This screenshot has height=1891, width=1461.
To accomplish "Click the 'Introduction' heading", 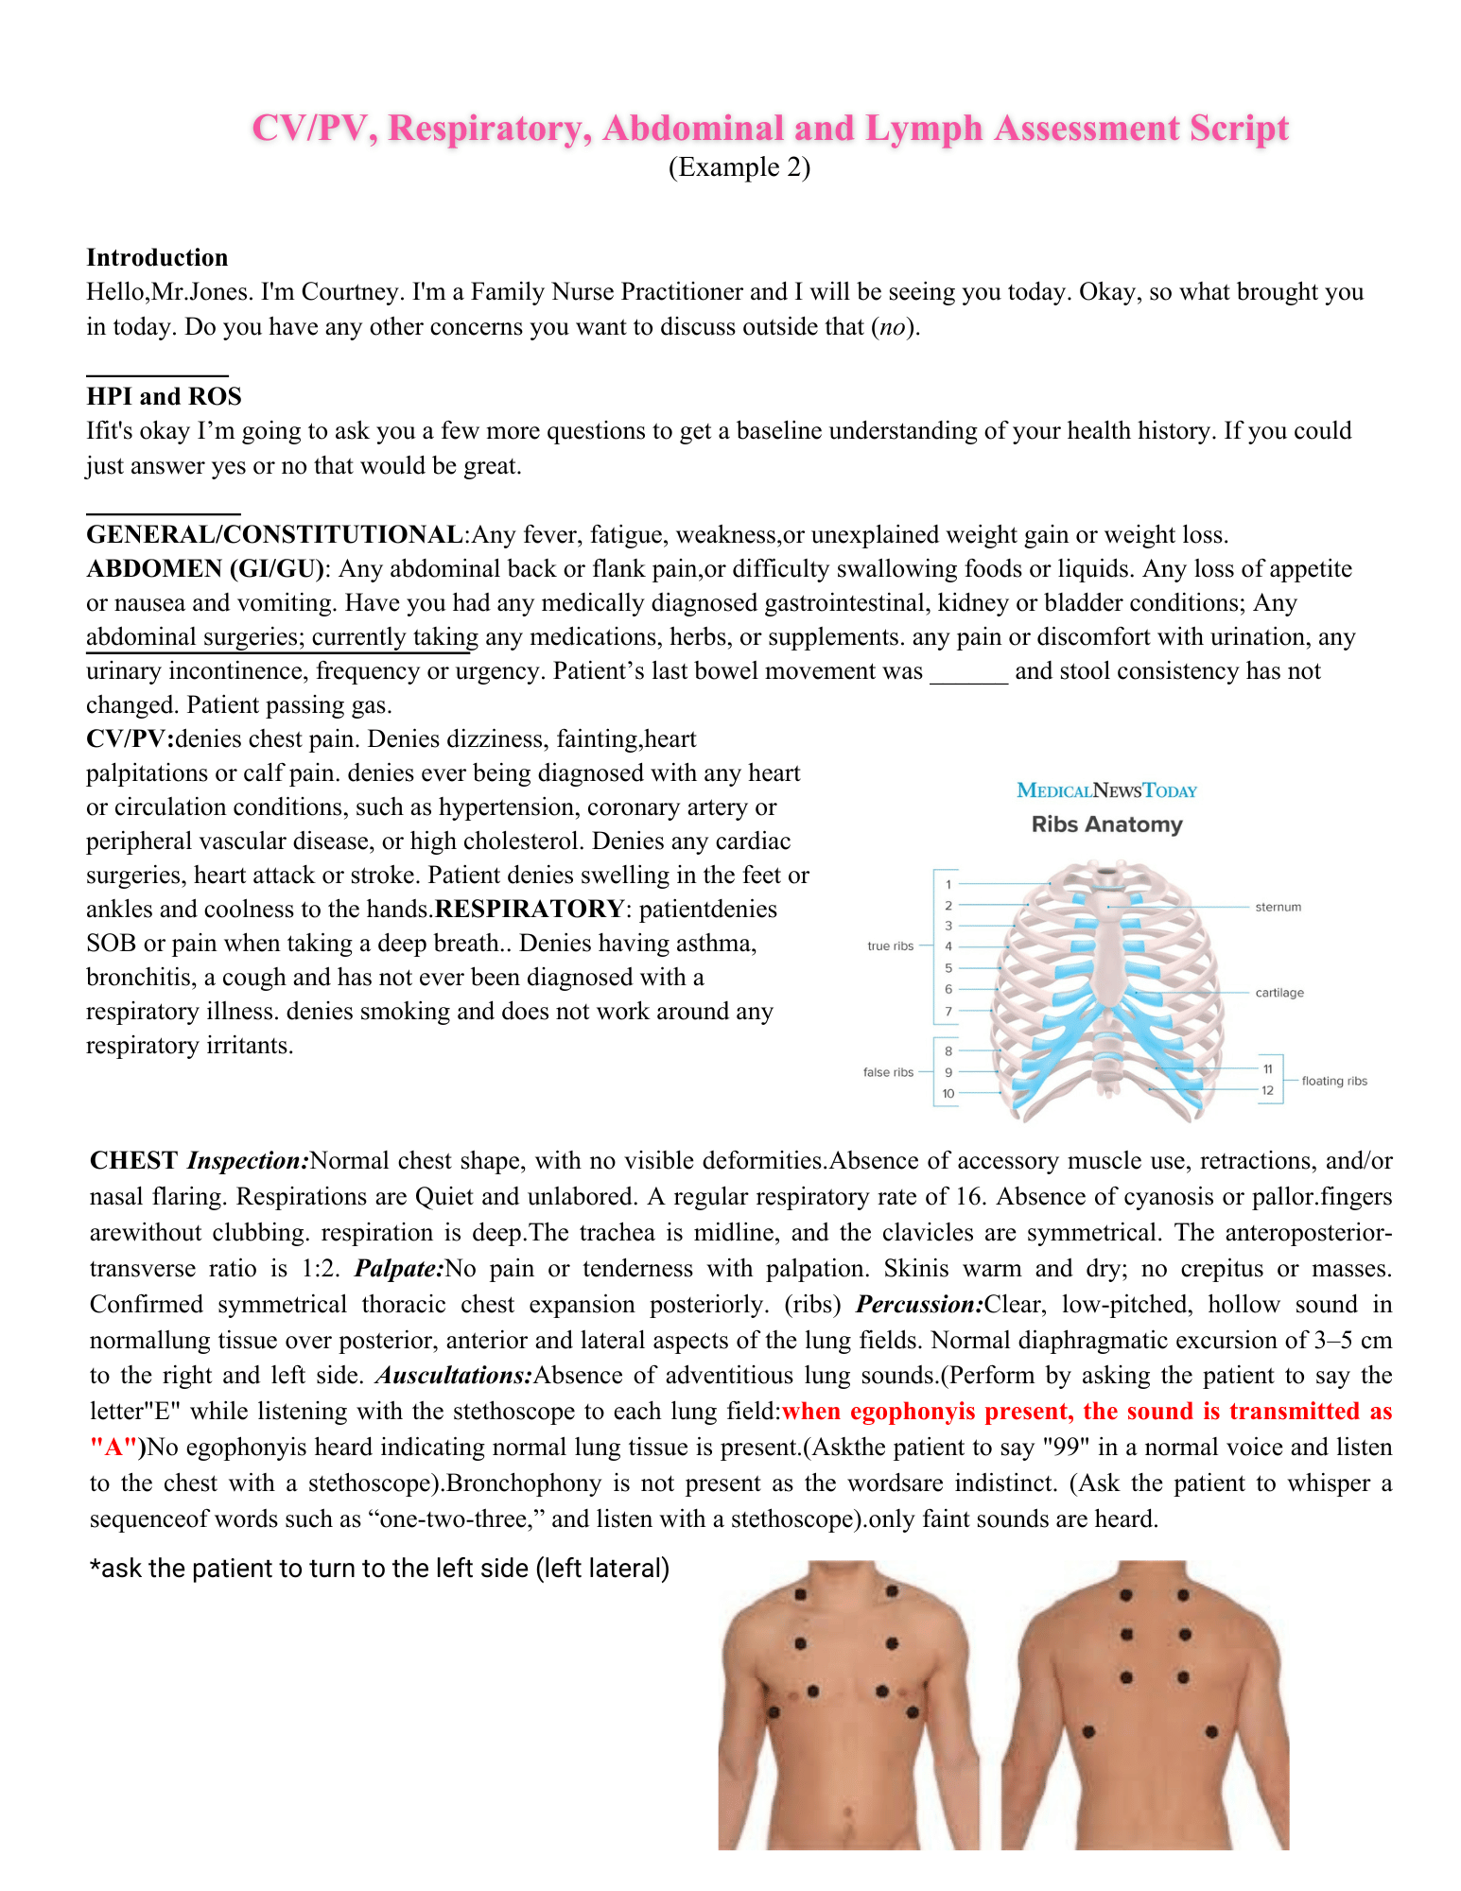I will pyautogui.click(x=157, y=257).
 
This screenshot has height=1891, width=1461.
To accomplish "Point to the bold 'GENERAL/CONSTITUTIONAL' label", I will pyautogui.click(x=274, y=534).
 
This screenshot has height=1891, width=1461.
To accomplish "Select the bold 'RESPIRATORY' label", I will pyautogui.click(x=529, y=909).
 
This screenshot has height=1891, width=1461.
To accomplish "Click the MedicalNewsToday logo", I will pyautogui.click(x=1106, y=790).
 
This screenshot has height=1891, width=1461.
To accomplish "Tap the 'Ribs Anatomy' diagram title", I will pyautogui.click(x=1106, y=824).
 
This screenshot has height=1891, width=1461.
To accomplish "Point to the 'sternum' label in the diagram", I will pyautogui.click(x=1278, y=907).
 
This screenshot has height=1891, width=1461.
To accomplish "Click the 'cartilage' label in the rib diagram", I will pyautogui.click(x=1279, y=993).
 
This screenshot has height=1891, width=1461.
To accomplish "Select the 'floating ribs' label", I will pyautogui.click(x=1333, y=1081).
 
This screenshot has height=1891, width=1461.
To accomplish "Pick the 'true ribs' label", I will pyautogui.click(x=891, y=945).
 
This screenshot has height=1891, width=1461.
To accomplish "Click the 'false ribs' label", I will pyautogui.click(x=888, y=1072).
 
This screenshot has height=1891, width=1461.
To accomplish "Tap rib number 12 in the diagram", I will pyautogui.click(x=1267, y=1090).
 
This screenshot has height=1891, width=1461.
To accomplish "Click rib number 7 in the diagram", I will pyautogui.click(x=948, y=1011).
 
